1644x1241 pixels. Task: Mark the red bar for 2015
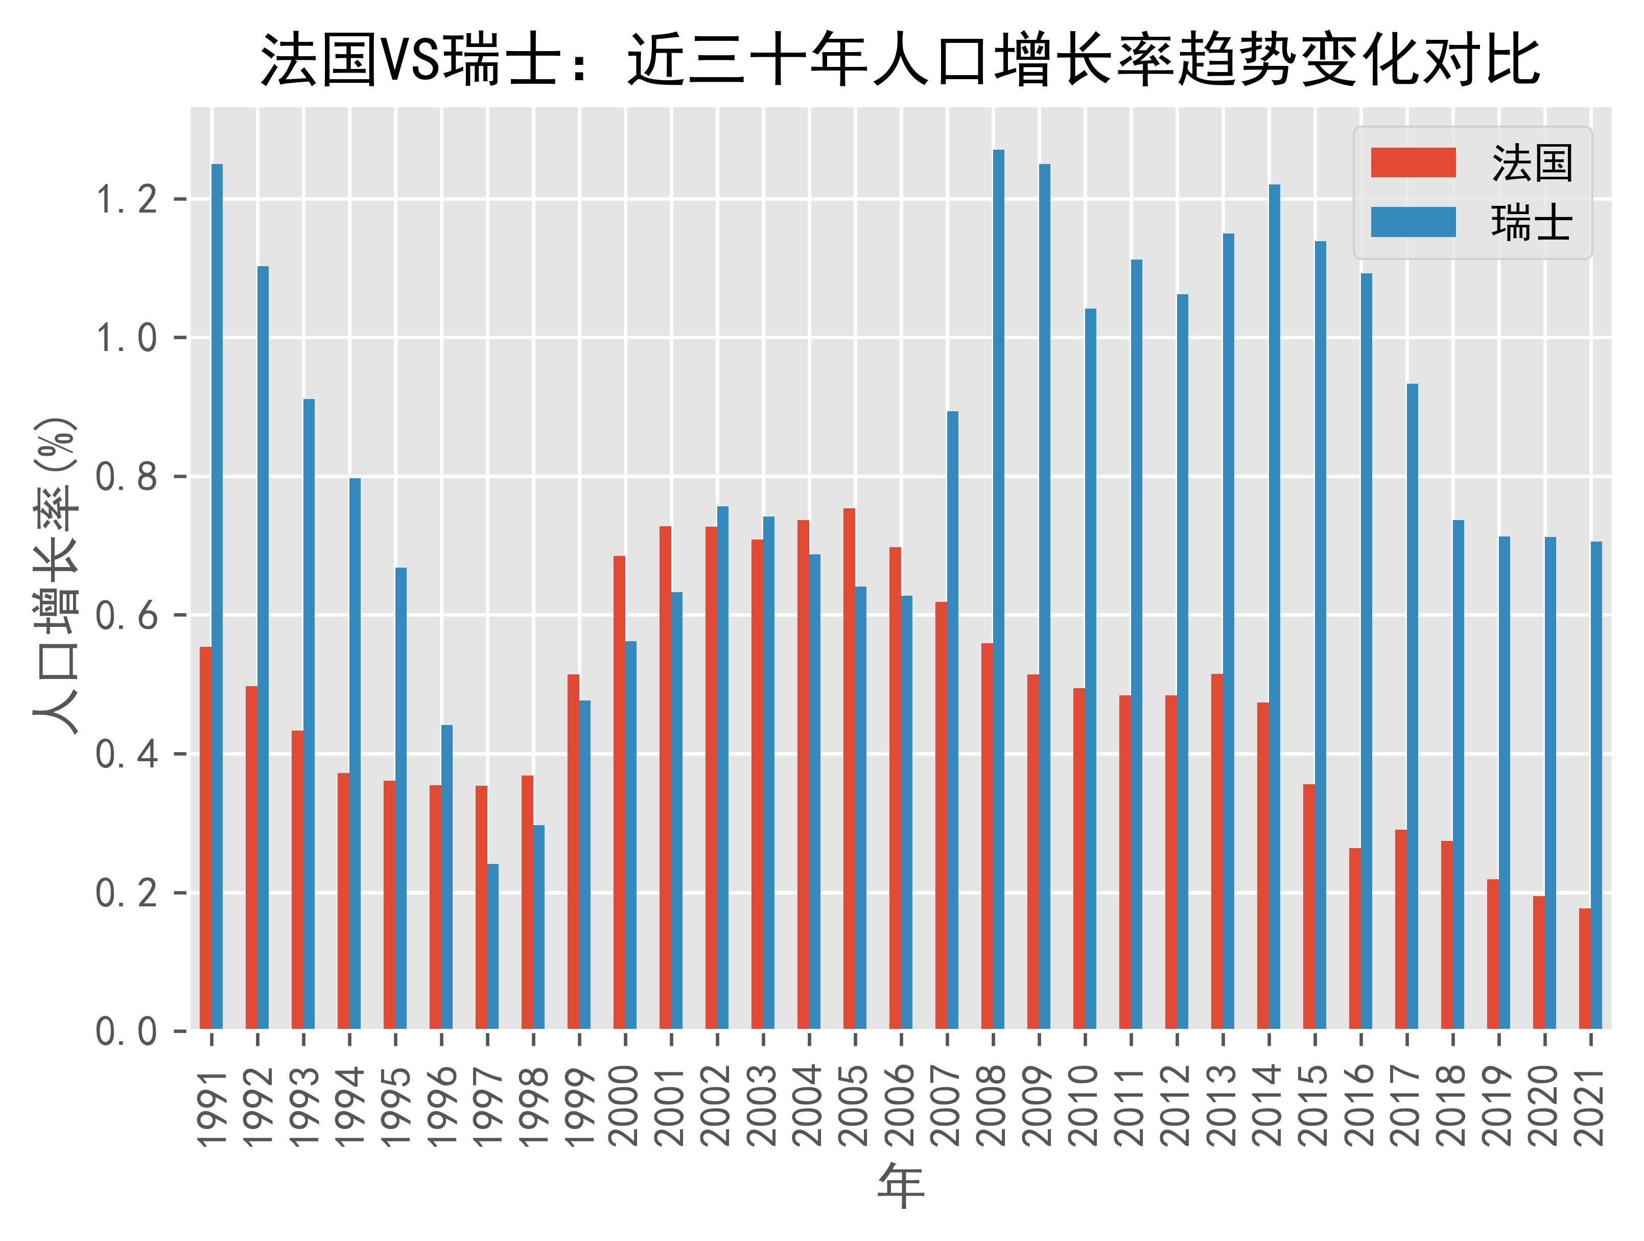(x=1309, y=906)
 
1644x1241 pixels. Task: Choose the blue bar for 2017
(x=1412, y=706)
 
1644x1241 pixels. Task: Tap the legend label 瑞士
(x=1531, y=222)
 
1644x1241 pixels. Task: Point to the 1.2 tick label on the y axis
(x=126, y=200)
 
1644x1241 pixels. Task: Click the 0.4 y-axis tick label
(x=126, y=754)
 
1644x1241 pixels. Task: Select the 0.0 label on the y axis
(x=126, y=1032)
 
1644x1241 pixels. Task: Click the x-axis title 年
(x=901, y=1186)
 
